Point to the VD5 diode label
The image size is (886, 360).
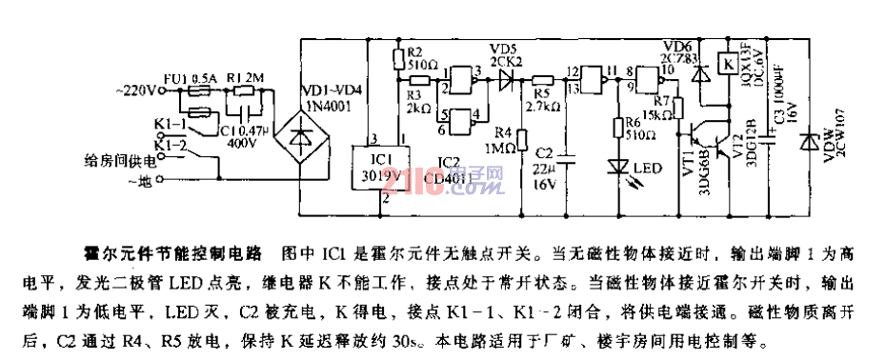pyautogui.click(x=502, y=48)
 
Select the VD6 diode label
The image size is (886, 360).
pyautogui.click(x=675, y=47)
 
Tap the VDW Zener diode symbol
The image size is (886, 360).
pyautogui.click(x=812, y=143)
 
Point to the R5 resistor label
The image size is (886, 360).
pyautogui.click(x=543, y=95)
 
